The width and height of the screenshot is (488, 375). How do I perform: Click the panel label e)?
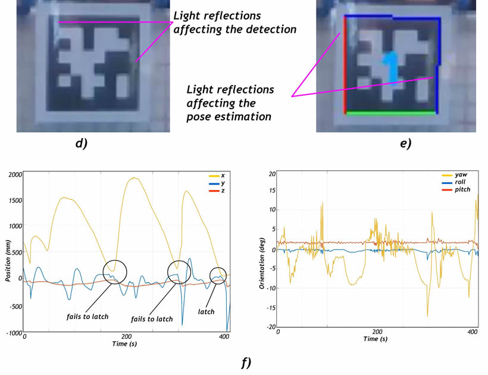tap(405, 143)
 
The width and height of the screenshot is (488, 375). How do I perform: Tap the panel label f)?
tap(245, 361)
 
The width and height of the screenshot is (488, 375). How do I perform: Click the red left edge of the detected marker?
tap(345, 65)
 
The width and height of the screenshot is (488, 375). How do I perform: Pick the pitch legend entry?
tap(463, 189)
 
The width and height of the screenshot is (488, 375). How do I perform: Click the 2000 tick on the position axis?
tap(14, 174)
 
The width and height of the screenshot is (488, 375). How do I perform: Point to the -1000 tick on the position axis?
tap(12, 333)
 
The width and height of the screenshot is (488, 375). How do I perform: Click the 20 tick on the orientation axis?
tap(272, 174)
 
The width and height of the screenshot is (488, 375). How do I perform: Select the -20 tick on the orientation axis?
tap(271, 327)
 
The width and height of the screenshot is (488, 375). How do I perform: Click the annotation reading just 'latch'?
tap(206, 312)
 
